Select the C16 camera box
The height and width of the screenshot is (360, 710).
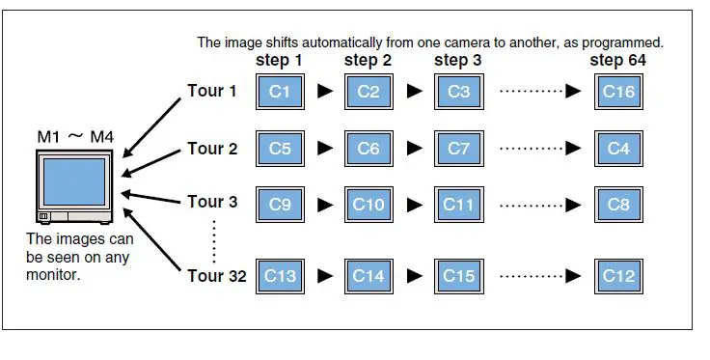618,92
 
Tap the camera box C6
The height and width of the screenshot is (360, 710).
369,149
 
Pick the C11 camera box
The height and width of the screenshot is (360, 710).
459,206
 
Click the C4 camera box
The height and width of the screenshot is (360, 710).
618,149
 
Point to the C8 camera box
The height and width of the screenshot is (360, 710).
618,206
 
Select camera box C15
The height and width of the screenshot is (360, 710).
459,275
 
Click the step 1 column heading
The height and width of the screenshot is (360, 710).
279,61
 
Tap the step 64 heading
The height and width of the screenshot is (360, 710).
618,61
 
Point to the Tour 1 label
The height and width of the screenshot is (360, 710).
212,92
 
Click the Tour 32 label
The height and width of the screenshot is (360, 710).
216,276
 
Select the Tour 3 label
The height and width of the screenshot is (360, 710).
212,202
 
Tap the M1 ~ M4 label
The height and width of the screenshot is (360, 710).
74,139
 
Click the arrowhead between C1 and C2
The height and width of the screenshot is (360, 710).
325,93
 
